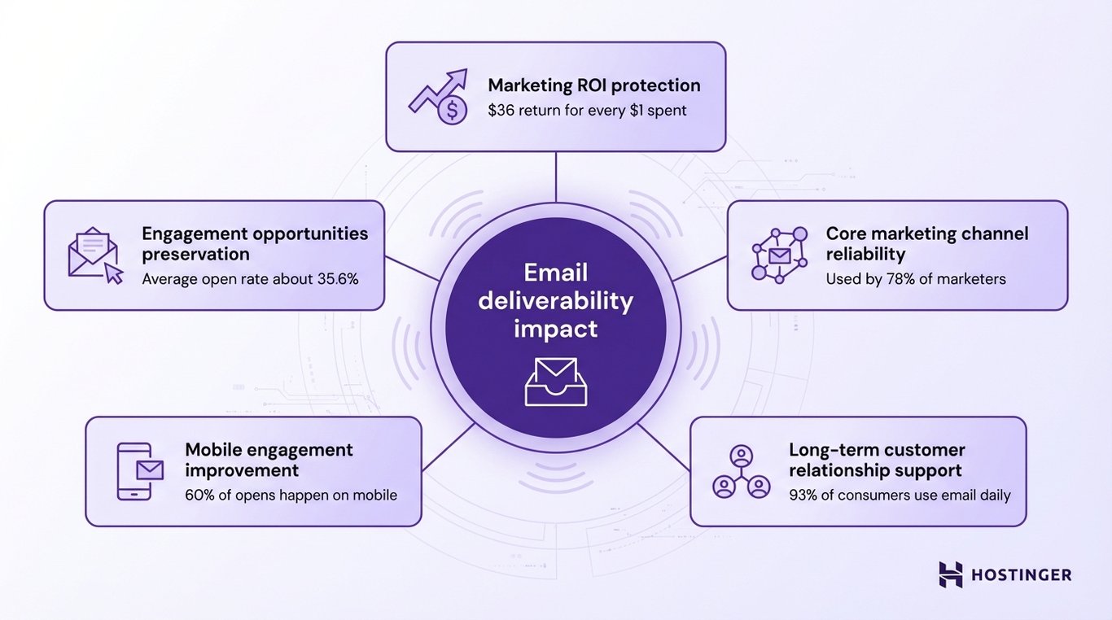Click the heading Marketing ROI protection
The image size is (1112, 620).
pos(593,85)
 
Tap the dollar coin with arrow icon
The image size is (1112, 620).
pos(440,97)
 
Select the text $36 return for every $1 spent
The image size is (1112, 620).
pos(587,110)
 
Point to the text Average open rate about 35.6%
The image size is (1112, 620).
pos(250,279)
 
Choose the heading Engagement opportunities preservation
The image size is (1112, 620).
pos(255,243)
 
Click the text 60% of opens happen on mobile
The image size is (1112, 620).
pos(291,495)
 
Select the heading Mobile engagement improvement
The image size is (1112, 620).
pos(269,460)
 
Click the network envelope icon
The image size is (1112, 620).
pos(780,255)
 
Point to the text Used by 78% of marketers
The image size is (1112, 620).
pos(916,279)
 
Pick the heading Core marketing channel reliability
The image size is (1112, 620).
pos(927,243)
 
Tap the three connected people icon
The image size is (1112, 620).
pos(741,471)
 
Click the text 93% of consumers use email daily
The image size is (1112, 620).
pos(900,495)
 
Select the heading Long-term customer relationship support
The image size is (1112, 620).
pos(877,460)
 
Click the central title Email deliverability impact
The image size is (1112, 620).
pos(556,300)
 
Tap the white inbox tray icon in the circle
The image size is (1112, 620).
pos(556,382)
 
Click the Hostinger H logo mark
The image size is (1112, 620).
pos(950,574)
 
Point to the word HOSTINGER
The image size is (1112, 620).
pos(1022,575)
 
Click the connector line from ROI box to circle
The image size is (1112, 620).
pos(556,177)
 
